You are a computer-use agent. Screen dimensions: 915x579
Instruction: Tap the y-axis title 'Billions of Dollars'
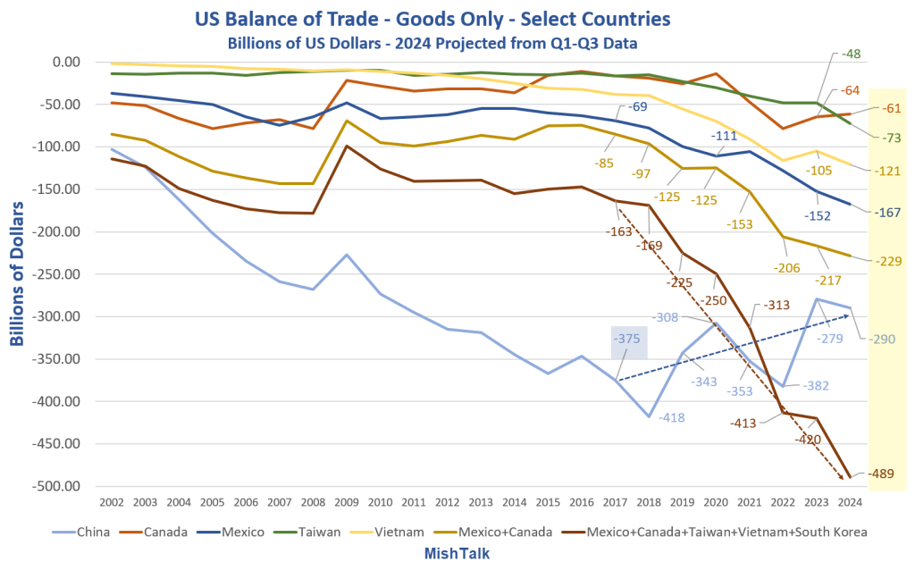(17, 273)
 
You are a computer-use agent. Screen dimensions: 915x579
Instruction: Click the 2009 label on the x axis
(346, 502)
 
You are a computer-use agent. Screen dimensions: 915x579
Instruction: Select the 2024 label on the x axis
(850, 502)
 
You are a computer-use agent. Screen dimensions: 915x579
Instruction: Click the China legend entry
(80, 532)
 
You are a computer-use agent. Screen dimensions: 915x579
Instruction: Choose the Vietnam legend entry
(386, 532)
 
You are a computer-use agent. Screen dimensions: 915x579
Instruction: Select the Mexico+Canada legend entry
(492, 532)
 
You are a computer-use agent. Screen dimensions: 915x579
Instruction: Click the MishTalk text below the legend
(457, 553)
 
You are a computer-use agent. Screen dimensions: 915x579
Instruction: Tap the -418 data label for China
(672, 417)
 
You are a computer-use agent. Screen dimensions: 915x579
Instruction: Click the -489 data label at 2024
(880, 474)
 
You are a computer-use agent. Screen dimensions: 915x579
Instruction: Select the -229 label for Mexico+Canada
(888, 261)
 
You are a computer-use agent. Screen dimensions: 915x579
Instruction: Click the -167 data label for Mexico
(887, 213)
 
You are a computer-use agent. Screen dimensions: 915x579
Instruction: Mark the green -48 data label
(852, 55)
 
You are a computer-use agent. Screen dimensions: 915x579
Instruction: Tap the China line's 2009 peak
(347, 255)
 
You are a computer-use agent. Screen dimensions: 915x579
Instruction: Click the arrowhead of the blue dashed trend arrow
(846, 315)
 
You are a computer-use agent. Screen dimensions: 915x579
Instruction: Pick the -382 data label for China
(815, 386)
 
